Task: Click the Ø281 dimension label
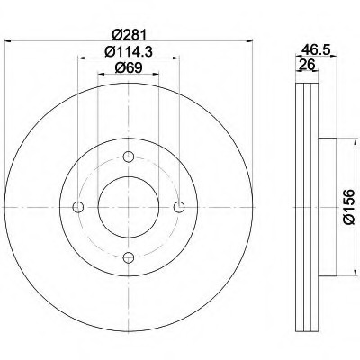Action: tap(129, 35)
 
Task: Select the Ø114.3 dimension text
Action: tap(129, 51)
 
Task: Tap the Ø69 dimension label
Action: tap(129, 68)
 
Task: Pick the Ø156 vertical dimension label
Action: tap(348, 207)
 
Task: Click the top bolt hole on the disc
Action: tap(129, 157)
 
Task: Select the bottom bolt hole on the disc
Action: tap(129, 257)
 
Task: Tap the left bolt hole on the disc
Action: tap(78, 207)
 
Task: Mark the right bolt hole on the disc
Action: tap(179, 207)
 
